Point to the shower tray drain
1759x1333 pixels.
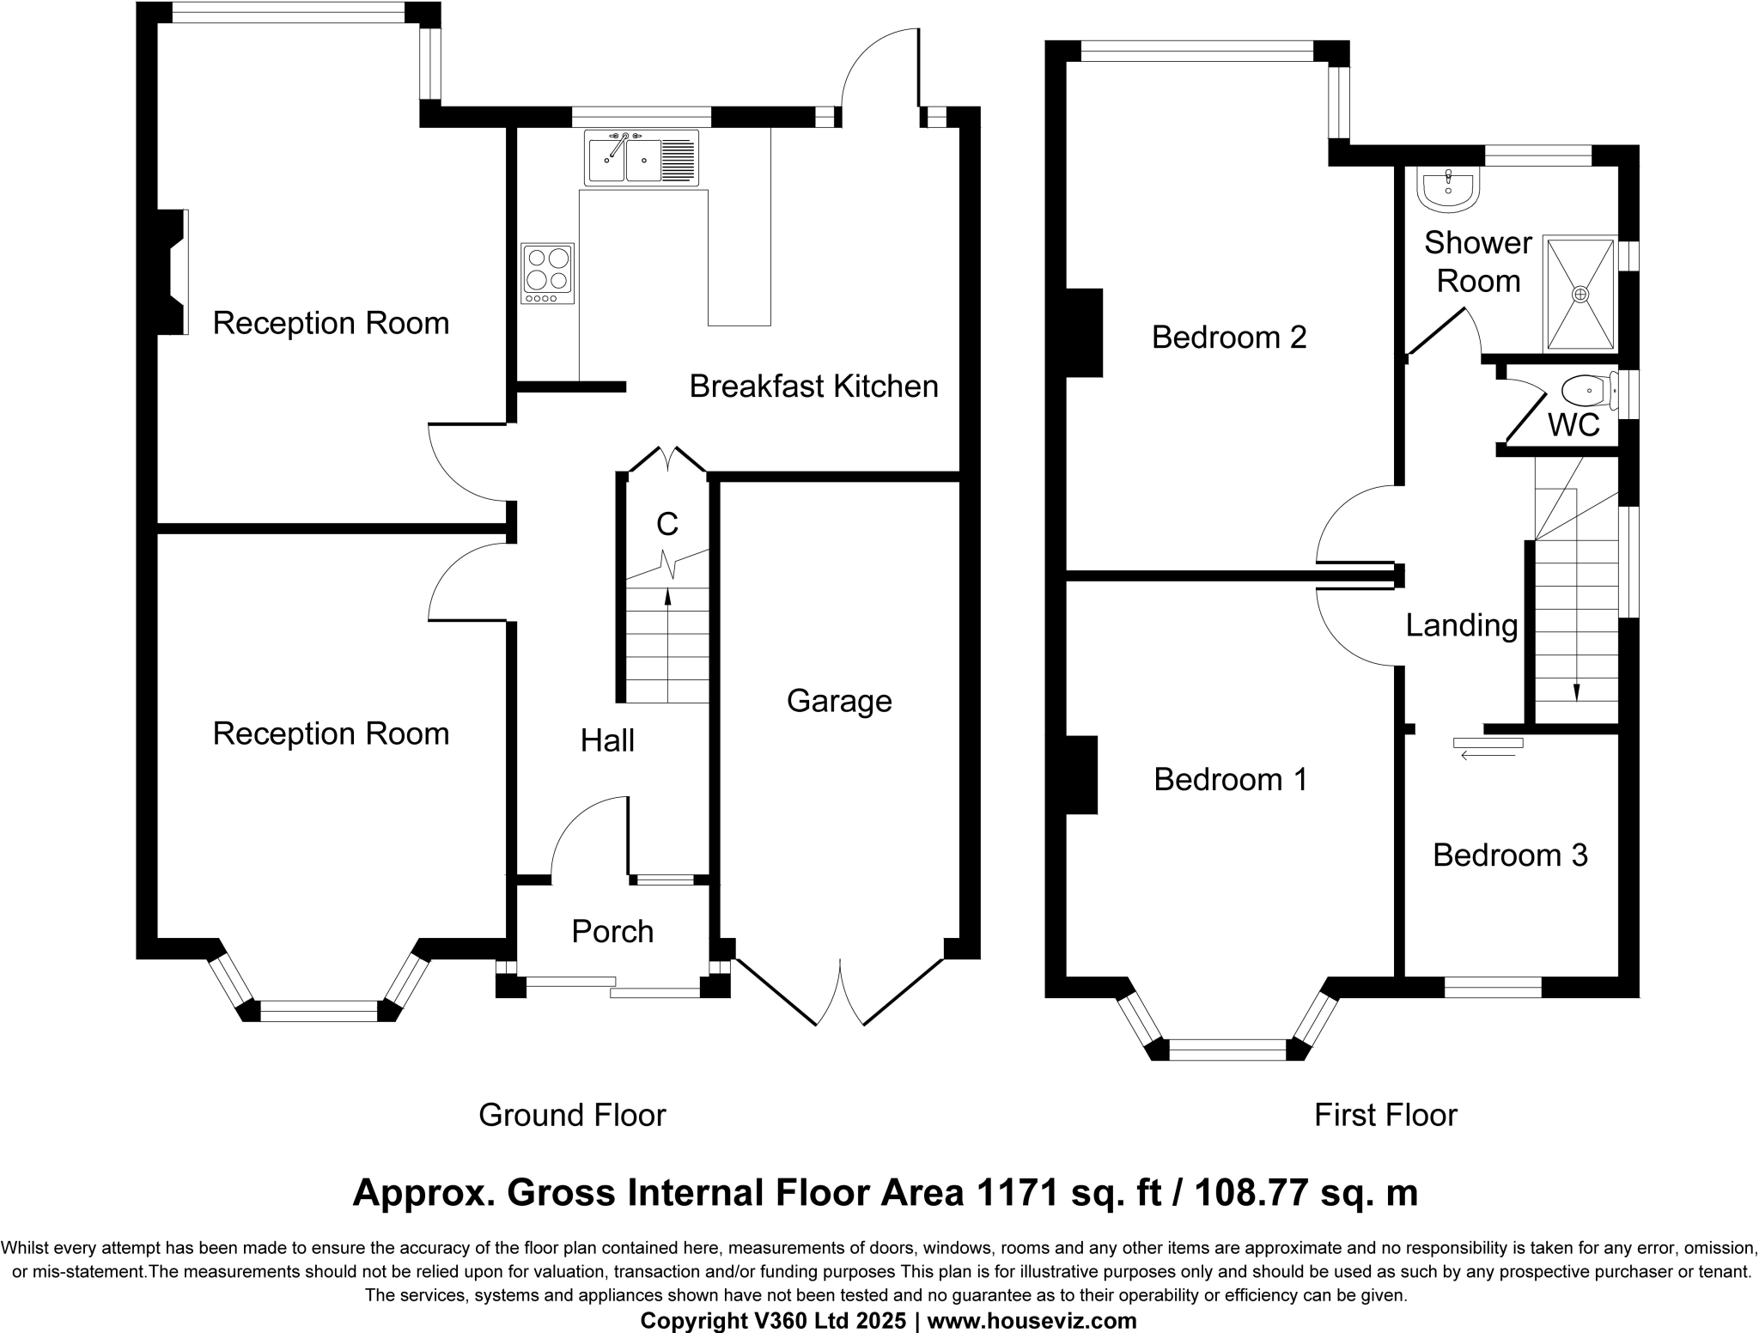pos(1580,294)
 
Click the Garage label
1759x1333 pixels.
pos(839,702)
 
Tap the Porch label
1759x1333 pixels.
pos(612,932)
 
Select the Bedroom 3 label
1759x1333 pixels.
pos(1510,855)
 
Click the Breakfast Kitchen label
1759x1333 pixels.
pos(813,387)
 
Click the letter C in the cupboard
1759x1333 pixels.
pos(667,523)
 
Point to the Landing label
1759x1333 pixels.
pos(1462,625)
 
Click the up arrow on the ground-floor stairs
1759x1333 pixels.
pos(667,597)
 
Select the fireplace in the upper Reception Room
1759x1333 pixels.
pos(174,272)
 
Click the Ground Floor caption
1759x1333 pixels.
pos(572,1115)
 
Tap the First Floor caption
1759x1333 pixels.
pos(1385,1115)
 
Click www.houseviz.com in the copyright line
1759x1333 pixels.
pos(1032,1321)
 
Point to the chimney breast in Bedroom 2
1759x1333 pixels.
pos(1085,333)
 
